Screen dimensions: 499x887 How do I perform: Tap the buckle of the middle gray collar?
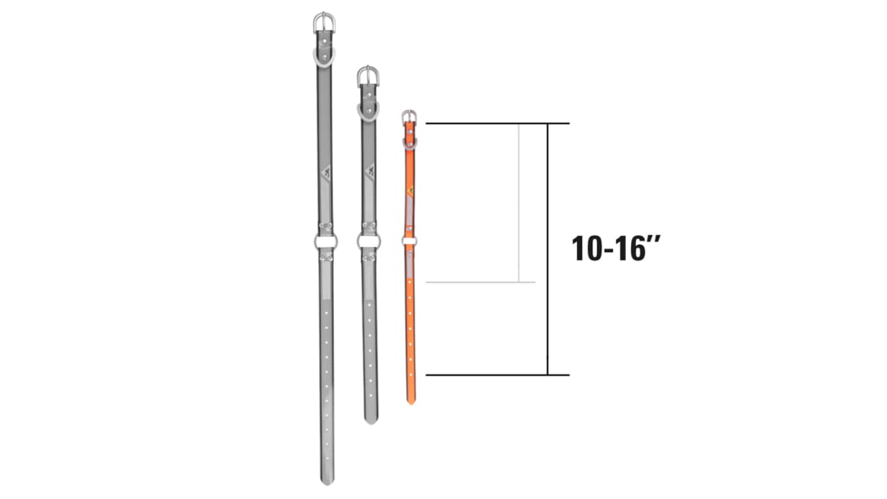point(367,75)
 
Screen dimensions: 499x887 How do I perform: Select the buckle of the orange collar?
point(410,115)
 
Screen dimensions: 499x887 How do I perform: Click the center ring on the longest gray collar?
point(325,241)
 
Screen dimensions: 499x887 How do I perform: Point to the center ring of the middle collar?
point(368,241)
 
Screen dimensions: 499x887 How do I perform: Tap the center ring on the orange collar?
point(410,240)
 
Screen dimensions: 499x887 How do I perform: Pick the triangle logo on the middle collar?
point(368,170)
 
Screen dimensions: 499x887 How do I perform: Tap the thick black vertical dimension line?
point(548,249)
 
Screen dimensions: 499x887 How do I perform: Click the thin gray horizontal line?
point(481,282)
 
